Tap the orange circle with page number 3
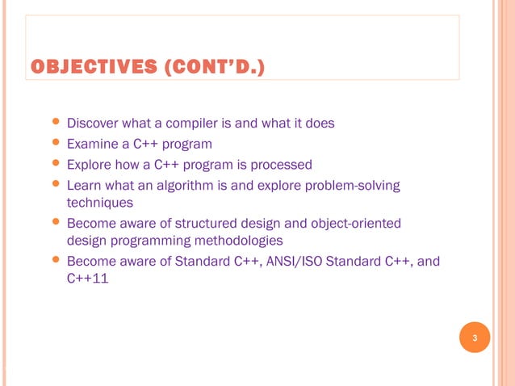point(475,338)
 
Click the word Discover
point(93,124)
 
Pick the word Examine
point(92,145)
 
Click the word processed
point(281,166)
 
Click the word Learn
point(84,187)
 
